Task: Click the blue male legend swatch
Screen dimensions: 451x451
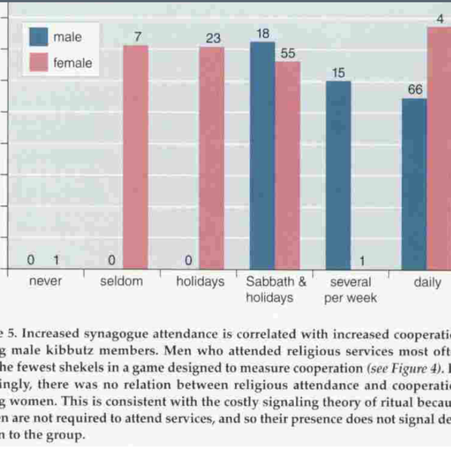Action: click(38, 37)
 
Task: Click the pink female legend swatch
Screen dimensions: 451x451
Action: click(38, 63)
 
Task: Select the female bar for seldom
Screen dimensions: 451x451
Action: click(135, 157)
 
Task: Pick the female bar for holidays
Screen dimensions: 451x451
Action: click(211, 157)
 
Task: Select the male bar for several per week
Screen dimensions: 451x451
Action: click(338, 175)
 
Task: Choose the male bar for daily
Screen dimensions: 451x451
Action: click(414, 184)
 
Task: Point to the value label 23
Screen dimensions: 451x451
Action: click(213, 38)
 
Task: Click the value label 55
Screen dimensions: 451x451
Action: click(288, 53)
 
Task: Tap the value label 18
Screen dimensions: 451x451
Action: click(262, 33)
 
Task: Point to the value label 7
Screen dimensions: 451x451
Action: click(137, 37)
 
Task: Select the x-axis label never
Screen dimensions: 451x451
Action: click(45, 282)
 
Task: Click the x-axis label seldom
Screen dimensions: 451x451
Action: click(121, 282)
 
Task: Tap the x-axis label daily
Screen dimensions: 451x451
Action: click(427, 282)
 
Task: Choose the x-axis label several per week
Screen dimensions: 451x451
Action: click(351, 290)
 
